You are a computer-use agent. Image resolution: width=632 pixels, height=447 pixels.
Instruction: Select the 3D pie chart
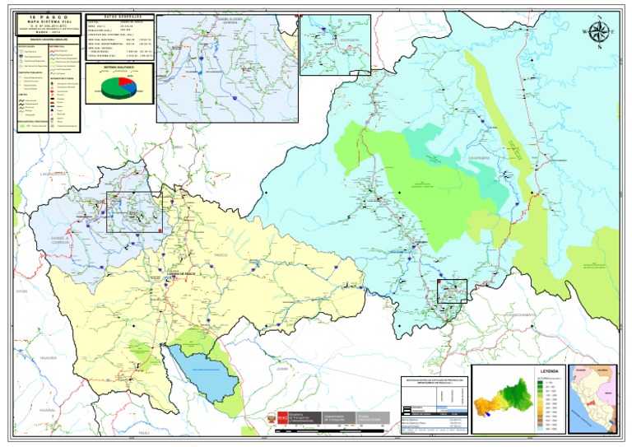pos(118,88)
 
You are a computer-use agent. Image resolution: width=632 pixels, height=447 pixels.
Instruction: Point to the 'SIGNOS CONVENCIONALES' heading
pos(47,39)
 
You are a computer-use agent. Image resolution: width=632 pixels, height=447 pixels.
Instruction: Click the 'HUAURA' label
pos(48,358)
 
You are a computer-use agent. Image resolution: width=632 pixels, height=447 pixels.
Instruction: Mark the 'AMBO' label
pos(177,146)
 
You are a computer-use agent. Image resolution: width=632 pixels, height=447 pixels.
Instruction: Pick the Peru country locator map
pos(592,398)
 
